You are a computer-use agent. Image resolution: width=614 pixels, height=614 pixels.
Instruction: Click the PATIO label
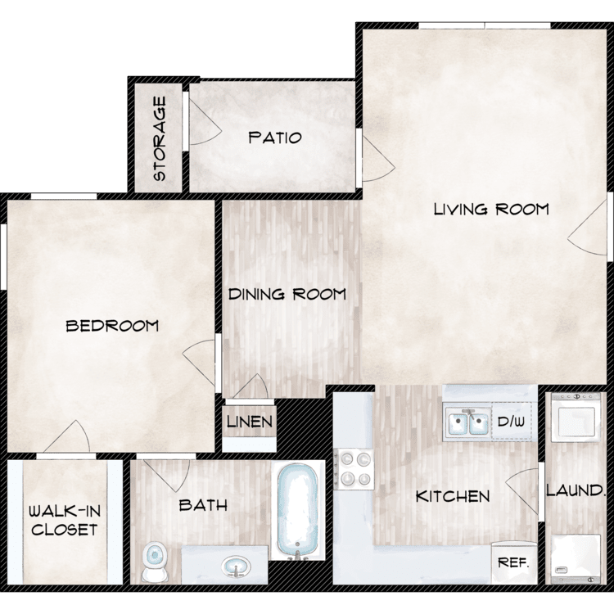pos(275,138)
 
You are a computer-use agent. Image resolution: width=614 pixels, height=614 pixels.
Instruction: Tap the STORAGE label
pos(160,138)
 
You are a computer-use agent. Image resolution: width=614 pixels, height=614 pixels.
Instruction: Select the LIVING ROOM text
pos(491,209)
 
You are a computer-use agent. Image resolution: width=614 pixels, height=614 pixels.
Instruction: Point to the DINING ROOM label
pos(287,294)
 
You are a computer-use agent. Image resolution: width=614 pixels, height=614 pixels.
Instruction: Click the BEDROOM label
pos(112,326)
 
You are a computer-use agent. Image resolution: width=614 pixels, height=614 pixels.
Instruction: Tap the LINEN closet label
pos(250,422)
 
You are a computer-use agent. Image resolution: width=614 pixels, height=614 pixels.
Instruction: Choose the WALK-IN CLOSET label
pos(65,521)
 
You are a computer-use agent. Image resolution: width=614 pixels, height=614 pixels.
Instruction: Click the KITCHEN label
pos(453,497)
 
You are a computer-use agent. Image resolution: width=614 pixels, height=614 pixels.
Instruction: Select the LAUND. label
pos(575,490)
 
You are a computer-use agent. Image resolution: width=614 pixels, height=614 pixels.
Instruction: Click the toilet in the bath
pos(154,562)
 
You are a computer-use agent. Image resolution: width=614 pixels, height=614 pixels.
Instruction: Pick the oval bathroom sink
pos(236,566)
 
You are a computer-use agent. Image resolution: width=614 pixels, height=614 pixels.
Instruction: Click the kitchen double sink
pos(468,422)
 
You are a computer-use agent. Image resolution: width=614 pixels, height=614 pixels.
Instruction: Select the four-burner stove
pos(354,468)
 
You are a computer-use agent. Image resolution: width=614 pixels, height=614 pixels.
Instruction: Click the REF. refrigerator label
pos(513,563)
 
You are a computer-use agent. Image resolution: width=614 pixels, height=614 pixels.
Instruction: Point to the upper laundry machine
pos(576,418)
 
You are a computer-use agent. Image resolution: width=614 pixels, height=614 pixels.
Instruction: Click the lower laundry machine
pos(576,559)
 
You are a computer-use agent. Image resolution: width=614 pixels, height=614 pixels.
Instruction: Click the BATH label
pos(203,505)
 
